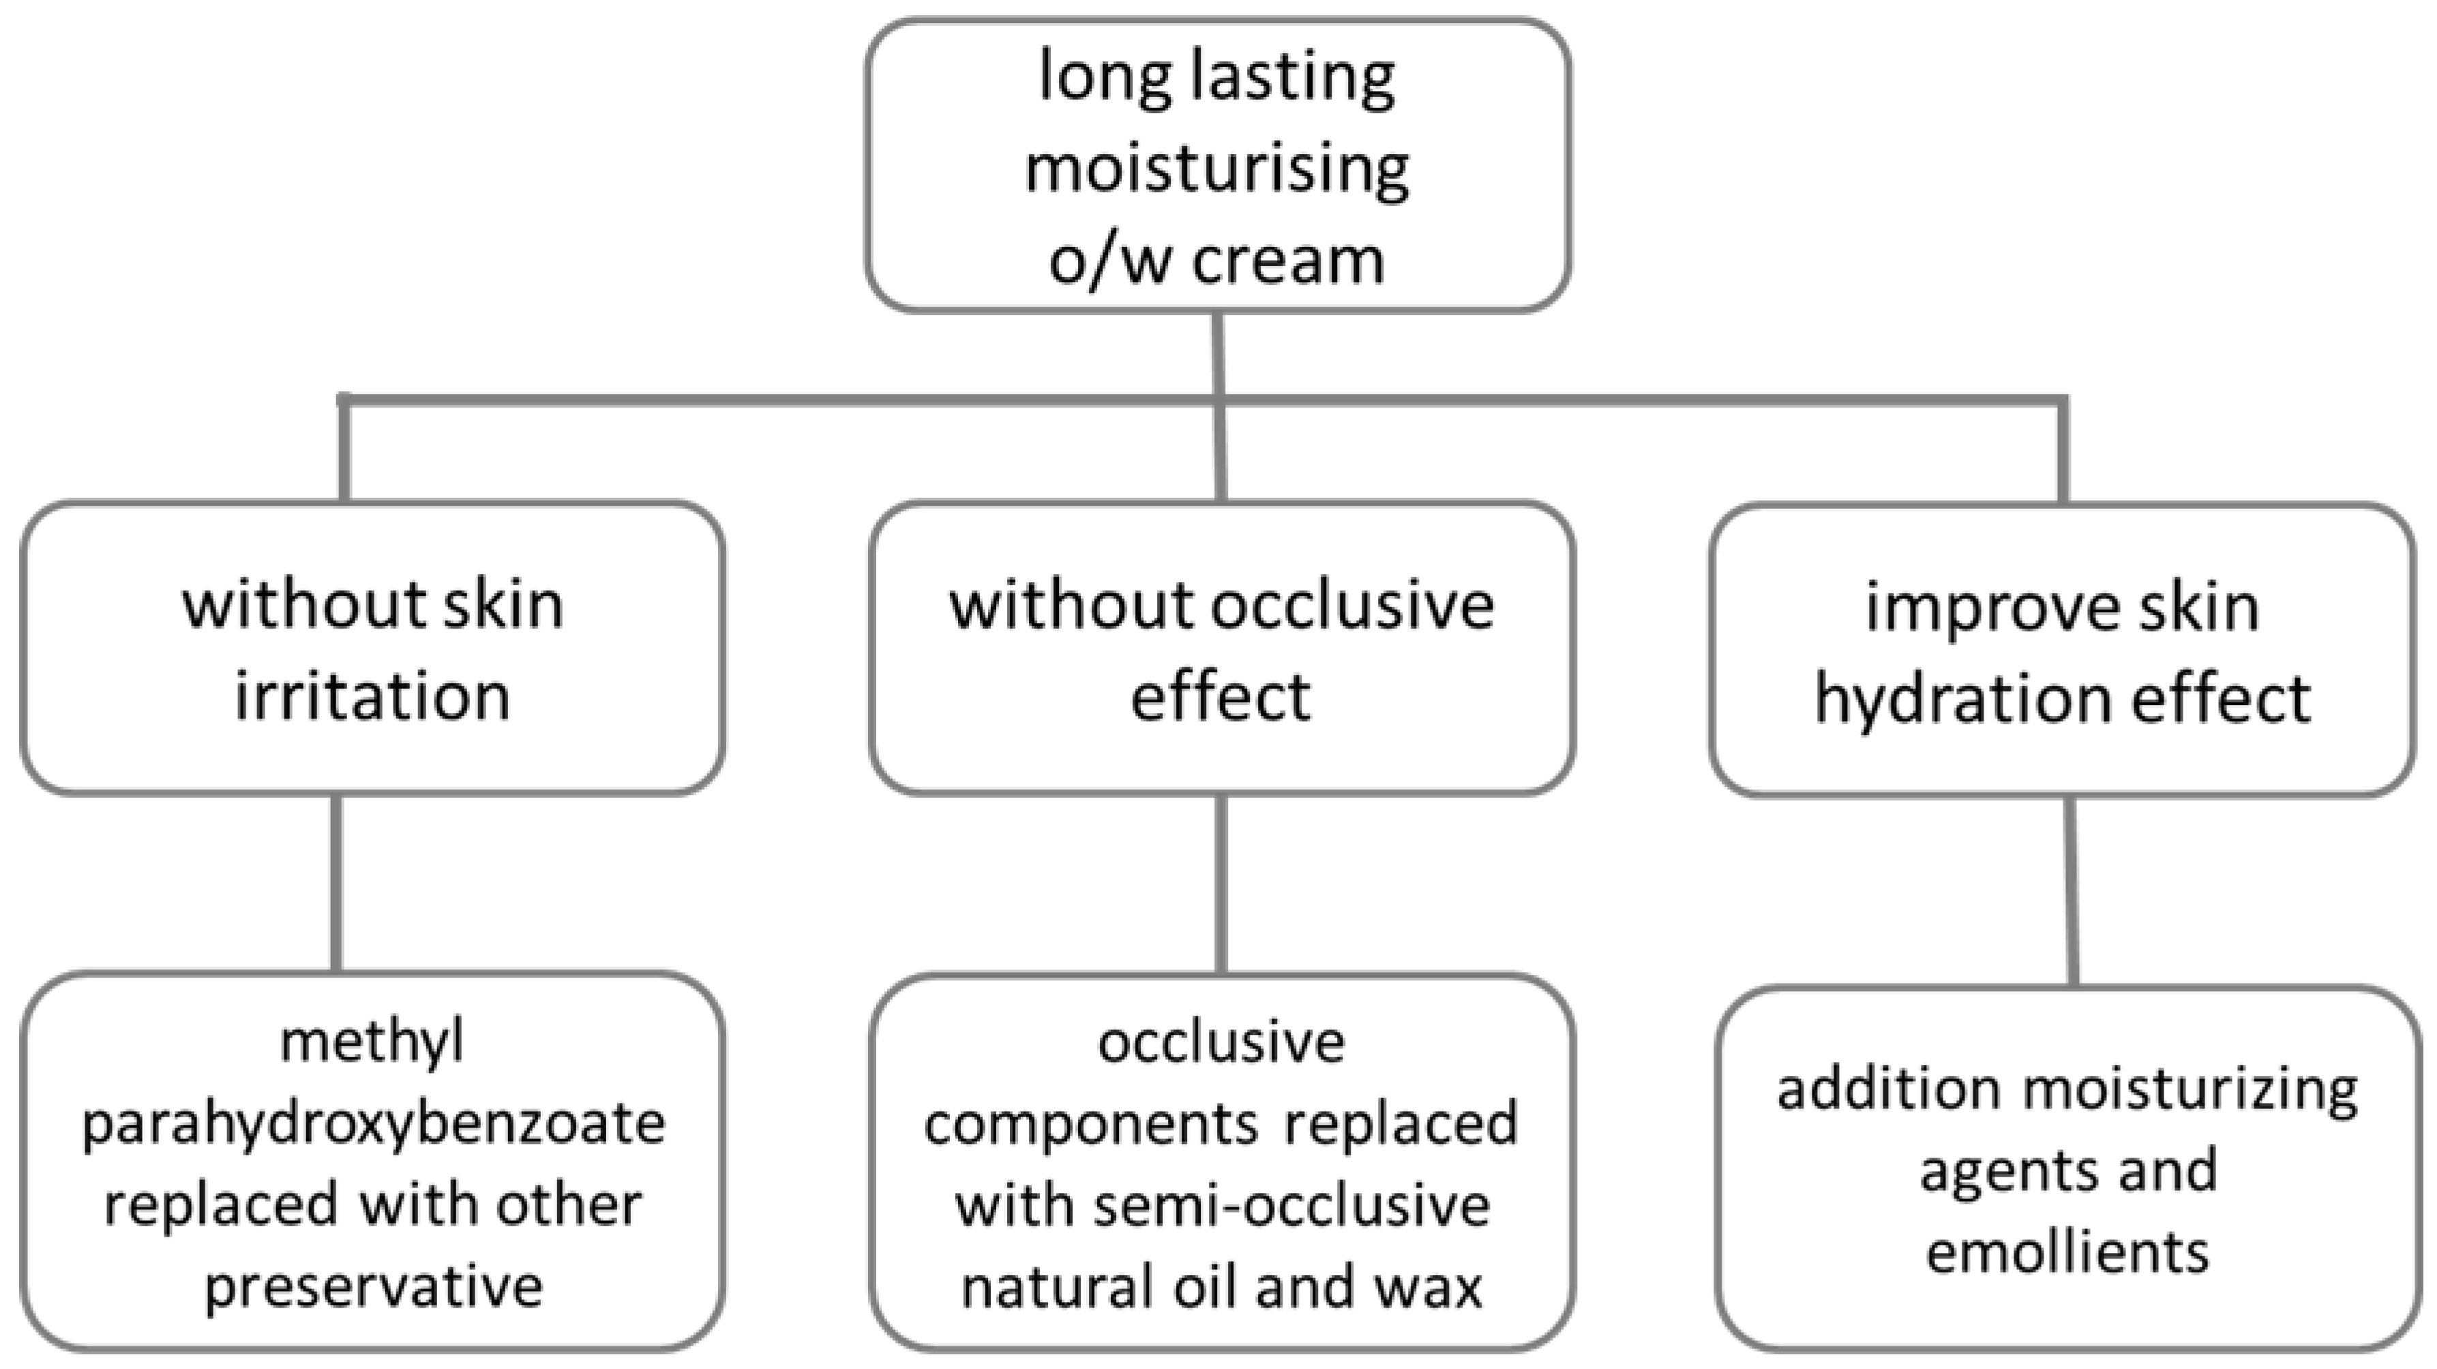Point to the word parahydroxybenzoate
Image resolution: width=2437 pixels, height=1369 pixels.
click(x=374, y=1125)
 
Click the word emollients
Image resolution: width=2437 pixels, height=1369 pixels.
click(x=2067, y=1252)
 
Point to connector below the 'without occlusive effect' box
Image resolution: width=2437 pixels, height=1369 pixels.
click(x=1221, y=884)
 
